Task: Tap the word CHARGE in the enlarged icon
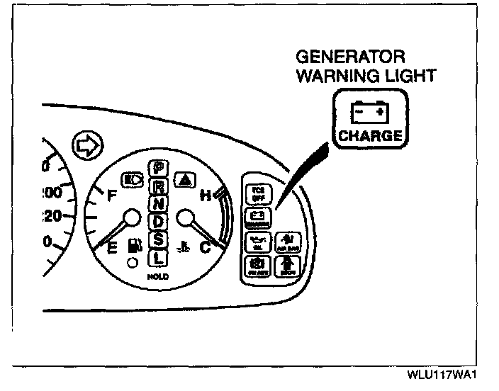369,135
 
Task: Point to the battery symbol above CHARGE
369,111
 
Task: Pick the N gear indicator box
158,204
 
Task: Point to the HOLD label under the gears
158,277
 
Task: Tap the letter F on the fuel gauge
111,198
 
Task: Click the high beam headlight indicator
132,178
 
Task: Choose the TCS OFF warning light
257,192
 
